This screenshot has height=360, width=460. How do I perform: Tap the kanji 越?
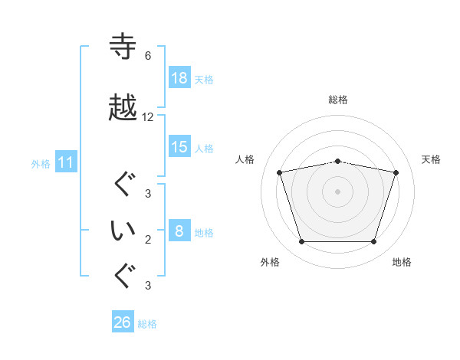tap(123, 108)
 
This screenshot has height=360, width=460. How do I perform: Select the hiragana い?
tap(123, 231)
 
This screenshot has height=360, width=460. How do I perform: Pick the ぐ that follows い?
tap(123, 277)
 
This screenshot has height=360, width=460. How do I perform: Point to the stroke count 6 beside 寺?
tap(148, 56)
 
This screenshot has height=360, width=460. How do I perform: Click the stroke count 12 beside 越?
tap(148, 117)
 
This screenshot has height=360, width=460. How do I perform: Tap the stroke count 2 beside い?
tap(148, 240)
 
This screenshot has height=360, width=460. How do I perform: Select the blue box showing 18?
tap(179, 78)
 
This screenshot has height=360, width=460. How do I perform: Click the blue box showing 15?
tap(179, 147)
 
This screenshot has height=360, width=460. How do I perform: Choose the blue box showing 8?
tap(179, 231)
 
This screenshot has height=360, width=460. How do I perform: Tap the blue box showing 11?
tap(66, 162)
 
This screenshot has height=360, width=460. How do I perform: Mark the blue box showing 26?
tap(123, 322)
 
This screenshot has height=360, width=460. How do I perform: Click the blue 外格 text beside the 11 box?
tap(41, 163)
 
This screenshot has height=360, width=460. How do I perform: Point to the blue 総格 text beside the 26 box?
tap(147, 324)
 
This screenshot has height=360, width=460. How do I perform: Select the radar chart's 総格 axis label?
tap(338, 100)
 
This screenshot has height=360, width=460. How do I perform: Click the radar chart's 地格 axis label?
tap(402, 262)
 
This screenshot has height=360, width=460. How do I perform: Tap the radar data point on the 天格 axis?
tap(396, 172)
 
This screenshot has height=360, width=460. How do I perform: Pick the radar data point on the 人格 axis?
tap(280, 172)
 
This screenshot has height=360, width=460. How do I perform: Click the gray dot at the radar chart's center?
tap(338, 191)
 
